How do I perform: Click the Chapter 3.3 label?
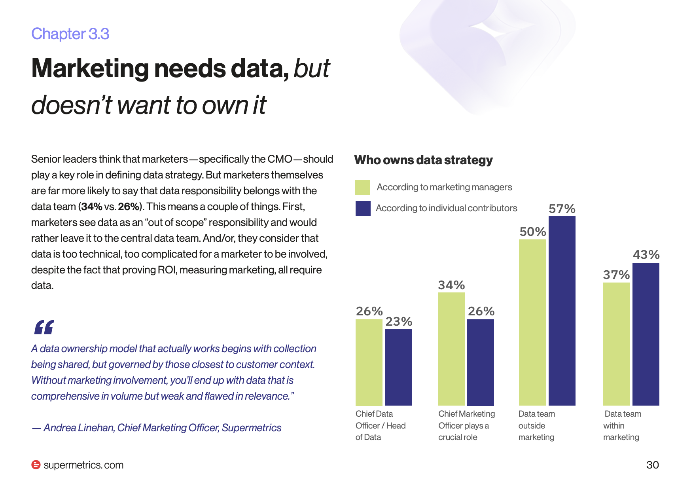(70, 34)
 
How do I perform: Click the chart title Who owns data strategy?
(423, 160)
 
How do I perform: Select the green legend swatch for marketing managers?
(363, 188)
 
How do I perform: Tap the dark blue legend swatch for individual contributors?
(363, 209)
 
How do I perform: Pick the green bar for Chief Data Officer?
(369, 362)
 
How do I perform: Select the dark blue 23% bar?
(398, 367)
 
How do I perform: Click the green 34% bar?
(451, 349)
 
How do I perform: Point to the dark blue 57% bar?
(562, 311)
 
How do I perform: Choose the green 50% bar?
(532, 322)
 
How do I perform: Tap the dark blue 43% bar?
(646, 334)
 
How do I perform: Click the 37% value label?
(616, 275)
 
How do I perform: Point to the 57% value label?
(562, 209)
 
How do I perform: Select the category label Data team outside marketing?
(537, 425)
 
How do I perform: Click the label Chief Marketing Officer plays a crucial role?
(467, 425)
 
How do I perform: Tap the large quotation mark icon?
(44, 327)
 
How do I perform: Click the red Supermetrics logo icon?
(36, 465)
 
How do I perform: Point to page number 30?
(653, 465)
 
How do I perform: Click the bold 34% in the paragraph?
(92, 207)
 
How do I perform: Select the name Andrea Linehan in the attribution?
(79, 428)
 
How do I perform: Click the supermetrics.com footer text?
(83, 465)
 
